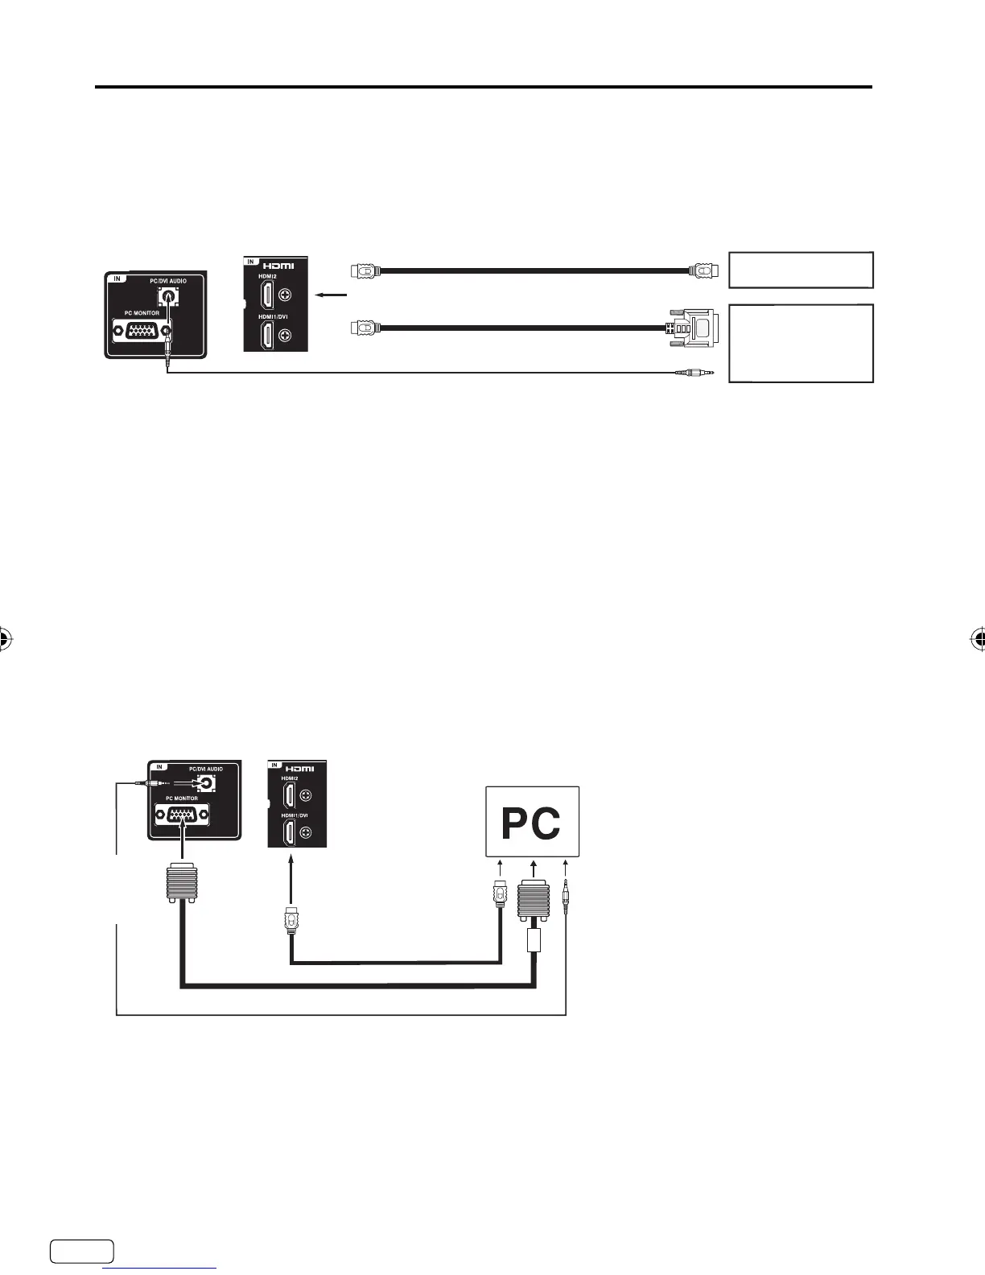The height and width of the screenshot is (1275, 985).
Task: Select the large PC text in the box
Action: point(531,823)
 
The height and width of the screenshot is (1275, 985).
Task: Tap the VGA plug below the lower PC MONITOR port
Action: point(182,881)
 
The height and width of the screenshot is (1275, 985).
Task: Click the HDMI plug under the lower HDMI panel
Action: point(291,918)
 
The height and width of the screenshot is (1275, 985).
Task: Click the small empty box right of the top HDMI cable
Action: point(801,270)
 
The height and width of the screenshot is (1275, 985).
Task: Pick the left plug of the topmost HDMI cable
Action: point(365,270)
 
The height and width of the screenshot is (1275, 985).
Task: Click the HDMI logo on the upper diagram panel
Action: point(277,266)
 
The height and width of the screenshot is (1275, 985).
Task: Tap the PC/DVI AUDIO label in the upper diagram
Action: point(167,281)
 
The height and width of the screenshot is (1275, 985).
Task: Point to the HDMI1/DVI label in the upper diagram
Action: point(273,316)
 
